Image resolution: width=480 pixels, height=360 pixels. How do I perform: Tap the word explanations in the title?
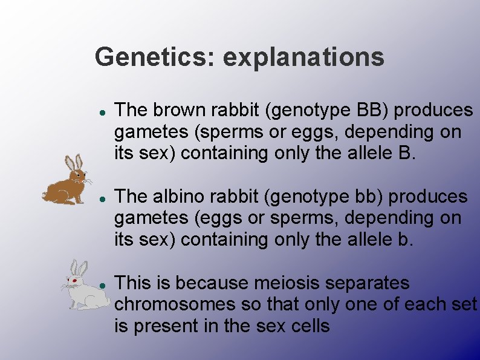[x=303, y=57]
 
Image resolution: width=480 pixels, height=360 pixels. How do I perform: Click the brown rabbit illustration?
[x=68, y=181]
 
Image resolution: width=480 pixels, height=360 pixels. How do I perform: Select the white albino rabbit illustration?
[x=84, y=286]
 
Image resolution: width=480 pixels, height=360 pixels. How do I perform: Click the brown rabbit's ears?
[x=73, y=163]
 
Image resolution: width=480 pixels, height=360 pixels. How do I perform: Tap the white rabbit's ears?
[x=79, y=268]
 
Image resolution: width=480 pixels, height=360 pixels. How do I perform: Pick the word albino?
[x=181, y=196]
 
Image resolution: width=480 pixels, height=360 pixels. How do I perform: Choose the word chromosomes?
[x=168, y=304]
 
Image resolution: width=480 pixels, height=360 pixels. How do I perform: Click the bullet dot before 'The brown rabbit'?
[x=103, y=111]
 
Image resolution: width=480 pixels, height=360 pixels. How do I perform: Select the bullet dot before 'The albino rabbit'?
[x=103, y=198]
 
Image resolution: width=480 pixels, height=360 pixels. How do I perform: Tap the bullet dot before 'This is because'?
[x=103, y=284]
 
